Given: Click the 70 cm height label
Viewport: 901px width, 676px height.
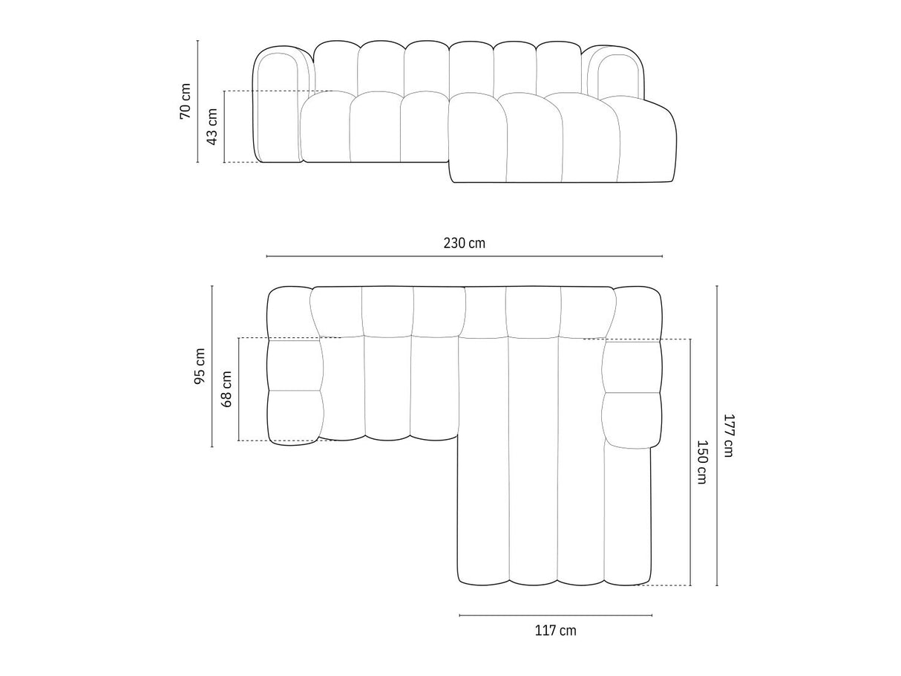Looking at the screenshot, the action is click(x=185, y=101).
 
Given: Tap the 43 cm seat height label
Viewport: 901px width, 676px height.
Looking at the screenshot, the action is click(x=212, y=126).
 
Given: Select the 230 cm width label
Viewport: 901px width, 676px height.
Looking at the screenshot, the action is click(x=465, y=243).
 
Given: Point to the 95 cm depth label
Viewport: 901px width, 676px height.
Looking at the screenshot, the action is click(x=199, y=366).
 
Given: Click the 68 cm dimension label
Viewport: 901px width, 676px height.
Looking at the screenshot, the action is click(x=226, y=389).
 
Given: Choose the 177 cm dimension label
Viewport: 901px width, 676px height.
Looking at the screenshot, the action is click(x=728, y=435).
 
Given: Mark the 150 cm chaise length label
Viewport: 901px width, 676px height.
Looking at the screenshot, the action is click(x=702, y=463).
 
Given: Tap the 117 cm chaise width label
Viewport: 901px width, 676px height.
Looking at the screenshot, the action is click(x=555, y=631).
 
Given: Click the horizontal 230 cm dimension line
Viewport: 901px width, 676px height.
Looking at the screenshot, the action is click(x=465, y=256).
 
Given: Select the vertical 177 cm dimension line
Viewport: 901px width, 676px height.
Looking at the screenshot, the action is click(x=717, y=435).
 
